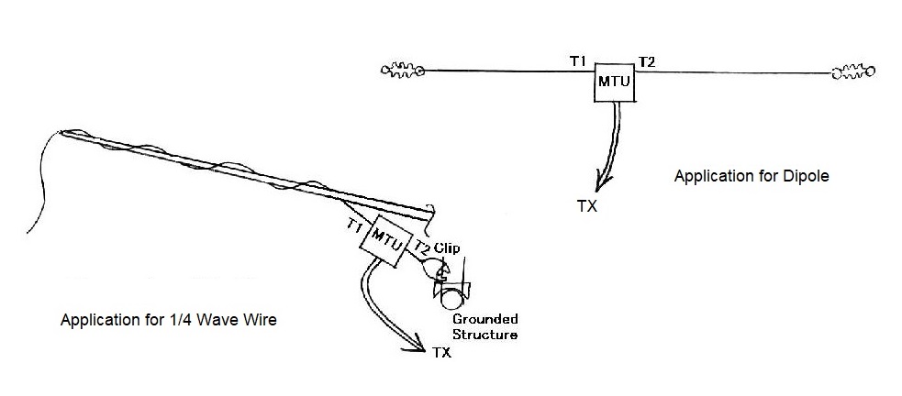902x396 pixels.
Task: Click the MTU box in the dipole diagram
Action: click(614, 82)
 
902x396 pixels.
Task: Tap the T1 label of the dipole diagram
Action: click(577, 60)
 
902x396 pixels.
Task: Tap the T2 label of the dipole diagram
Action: click(647, 61)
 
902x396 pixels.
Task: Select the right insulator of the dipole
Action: click(852, 71)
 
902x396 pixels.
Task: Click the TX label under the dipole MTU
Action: click(587, 206)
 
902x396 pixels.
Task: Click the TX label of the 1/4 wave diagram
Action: click(441, 351)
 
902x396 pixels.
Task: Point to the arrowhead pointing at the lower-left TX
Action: click(416, 344)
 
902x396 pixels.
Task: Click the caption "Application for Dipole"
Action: click(752, 176)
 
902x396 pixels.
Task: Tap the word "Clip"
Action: click(447, 247)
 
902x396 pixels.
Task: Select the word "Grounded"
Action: click(484, 319)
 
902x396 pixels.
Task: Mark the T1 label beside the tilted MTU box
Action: click(355, 225)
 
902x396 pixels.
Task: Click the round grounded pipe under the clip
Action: click(451, 295)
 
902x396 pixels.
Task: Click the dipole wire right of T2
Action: click(734, 71)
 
